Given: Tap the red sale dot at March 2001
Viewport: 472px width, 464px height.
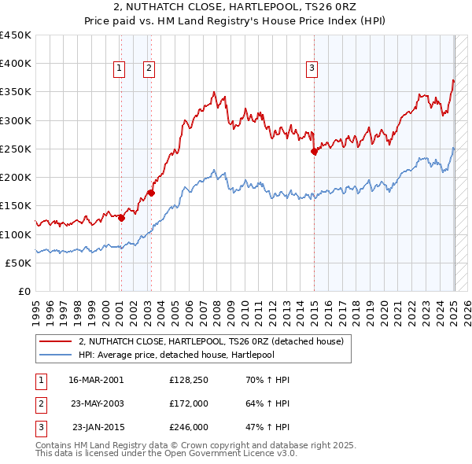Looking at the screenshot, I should pos(121,218).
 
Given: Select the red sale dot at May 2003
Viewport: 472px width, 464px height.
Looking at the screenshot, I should pos(151,193).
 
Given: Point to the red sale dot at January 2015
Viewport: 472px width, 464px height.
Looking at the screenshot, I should pos(314,151).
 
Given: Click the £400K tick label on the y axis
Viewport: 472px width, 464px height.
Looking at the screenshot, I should pos(16,64).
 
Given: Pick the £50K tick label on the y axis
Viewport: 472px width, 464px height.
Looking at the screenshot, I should pos(19,263).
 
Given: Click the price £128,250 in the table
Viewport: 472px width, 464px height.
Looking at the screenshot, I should pos(188,380).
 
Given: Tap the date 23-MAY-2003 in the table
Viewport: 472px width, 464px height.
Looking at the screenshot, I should pos(96,403).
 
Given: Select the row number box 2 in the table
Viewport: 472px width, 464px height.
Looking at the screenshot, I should pos(40,403).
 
